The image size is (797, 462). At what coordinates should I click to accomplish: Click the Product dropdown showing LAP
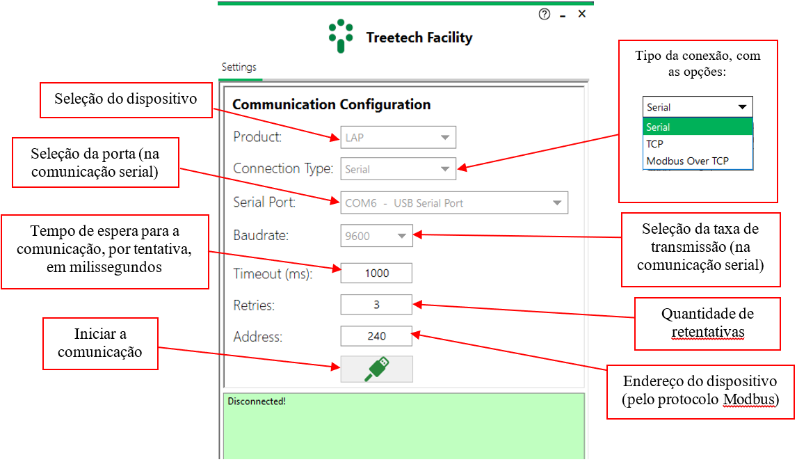tap(398, 137)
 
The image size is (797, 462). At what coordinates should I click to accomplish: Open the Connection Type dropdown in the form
tap(398, 169)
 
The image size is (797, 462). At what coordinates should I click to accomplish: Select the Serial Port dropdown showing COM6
tap(454, 202)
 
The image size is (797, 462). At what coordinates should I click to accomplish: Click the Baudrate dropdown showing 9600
tap(376, 236)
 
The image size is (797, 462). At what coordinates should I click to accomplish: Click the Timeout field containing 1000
tap(376, 273)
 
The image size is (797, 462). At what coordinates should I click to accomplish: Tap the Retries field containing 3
tap(376, 305)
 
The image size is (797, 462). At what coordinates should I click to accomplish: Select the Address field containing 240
tap(376, 336)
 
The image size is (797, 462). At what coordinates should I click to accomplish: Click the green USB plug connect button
tap(377, 369)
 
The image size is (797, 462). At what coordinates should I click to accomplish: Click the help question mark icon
tap(545, 14)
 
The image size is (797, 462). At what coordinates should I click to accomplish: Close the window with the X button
tap(582, 14)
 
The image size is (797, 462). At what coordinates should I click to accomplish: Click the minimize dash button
tap(563, 17)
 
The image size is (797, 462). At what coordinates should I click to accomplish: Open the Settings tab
tap(239, 67)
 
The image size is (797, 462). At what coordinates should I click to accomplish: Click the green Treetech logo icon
tap(341, 35)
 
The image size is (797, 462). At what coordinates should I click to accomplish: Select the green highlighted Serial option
tap(698, 127)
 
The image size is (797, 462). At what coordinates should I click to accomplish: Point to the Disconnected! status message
tap(257, 401)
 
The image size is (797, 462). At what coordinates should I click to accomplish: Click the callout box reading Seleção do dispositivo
tap(126, 100)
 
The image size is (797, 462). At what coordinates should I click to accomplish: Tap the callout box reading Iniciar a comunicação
tap(100, 344)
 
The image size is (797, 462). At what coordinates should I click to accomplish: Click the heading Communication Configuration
tap(332, 104)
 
